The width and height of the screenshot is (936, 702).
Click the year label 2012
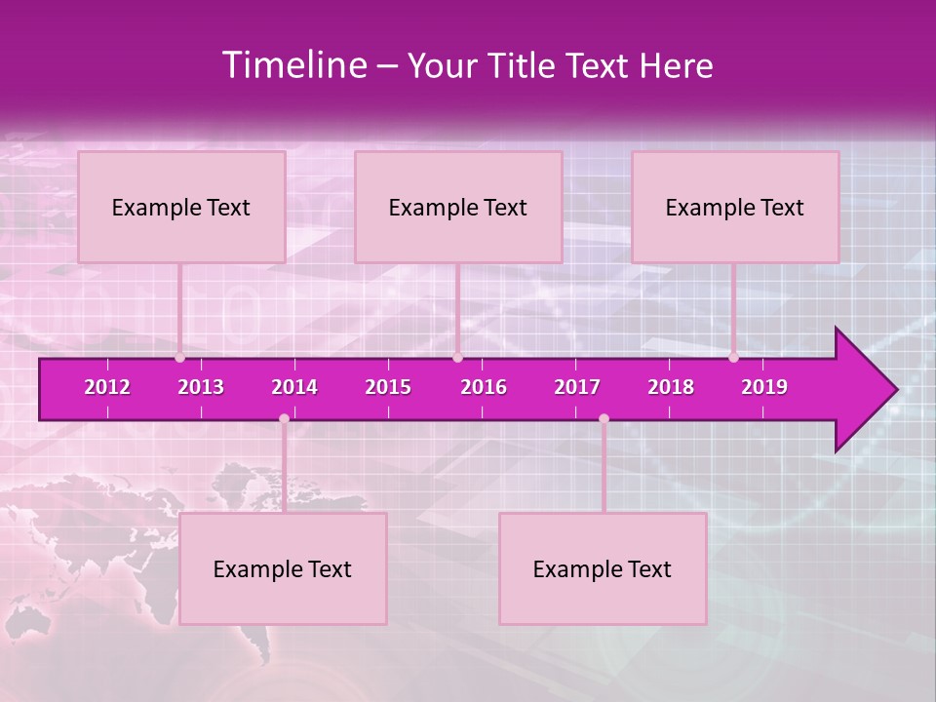pos(107,387)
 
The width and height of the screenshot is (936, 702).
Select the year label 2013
pos(201,387)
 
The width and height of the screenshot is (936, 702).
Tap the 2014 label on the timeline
pos(294,387)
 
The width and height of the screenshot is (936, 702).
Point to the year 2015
pos(388,387)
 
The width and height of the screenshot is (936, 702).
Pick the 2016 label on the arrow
pos(484,387)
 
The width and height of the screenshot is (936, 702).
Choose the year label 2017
pos(577,387)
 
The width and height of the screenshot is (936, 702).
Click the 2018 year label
pos(671,387)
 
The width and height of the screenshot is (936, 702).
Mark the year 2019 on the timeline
pos(764,387)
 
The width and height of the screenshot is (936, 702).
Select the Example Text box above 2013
pos(181,207)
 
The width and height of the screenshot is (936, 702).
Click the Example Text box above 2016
pos(458,207)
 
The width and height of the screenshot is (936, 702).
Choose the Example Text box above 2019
pos(735,207)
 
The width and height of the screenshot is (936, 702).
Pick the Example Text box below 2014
pos(283,568)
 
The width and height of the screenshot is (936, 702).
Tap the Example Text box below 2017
pos(603,568)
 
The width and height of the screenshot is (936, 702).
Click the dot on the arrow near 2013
pos(179,358)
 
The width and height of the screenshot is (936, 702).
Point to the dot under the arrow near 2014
pos(284,418)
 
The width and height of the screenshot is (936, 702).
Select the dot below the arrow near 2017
pos(604,418)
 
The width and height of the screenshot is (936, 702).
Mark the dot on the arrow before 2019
pos(733,358)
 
